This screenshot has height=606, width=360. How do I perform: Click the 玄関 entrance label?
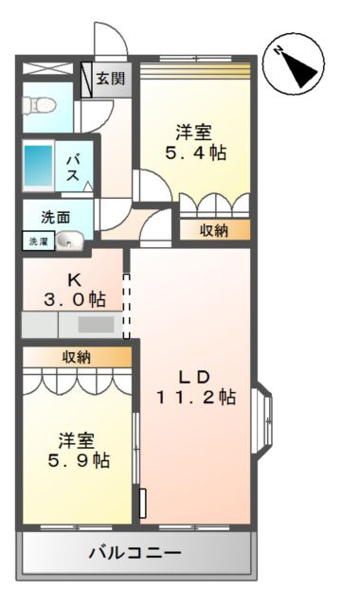[111, 79]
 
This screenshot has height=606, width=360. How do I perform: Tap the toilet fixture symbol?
[39, 104]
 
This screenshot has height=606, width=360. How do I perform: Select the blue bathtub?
[38, 167]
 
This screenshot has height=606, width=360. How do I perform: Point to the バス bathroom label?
[73, 168]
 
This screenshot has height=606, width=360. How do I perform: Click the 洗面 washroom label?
[56, 218]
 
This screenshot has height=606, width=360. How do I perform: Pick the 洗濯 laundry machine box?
[38, 241]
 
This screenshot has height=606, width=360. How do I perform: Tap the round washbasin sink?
[69, 241]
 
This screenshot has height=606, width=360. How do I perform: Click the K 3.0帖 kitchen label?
[75, 290]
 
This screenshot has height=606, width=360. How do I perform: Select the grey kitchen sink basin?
[97, 325]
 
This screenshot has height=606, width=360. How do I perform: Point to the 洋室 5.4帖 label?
[196, 142]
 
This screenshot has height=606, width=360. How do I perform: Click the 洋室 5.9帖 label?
[79, 451]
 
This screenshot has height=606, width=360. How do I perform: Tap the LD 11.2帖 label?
[196, 387]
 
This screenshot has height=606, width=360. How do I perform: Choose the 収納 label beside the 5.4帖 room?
[214, 231]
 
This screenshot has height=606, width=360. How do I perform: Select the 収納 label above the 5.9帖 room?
[77, 358]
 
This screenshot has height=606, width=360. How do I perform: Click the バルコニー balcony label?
[135, 553]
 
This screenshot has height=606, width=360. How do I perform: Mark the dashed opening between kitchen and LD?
[126, 306]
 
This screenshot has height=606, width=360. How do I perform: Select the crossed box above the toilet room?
[47, 68]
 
